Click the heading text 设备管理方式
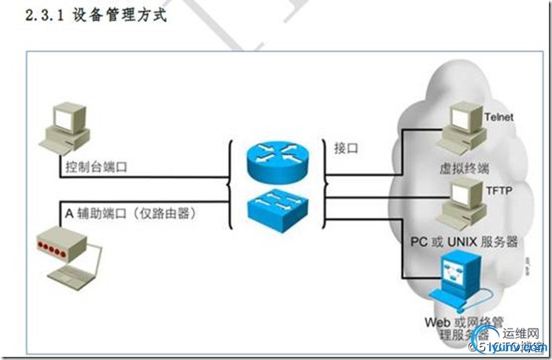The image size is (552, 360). [x=120, y=15]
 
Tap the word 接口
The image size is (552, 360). [x=347, y=147]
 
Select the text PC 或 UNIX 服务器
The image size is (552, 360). [x=465, y=242]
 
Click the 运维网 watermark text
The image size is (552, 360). [x=521, y=332]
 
